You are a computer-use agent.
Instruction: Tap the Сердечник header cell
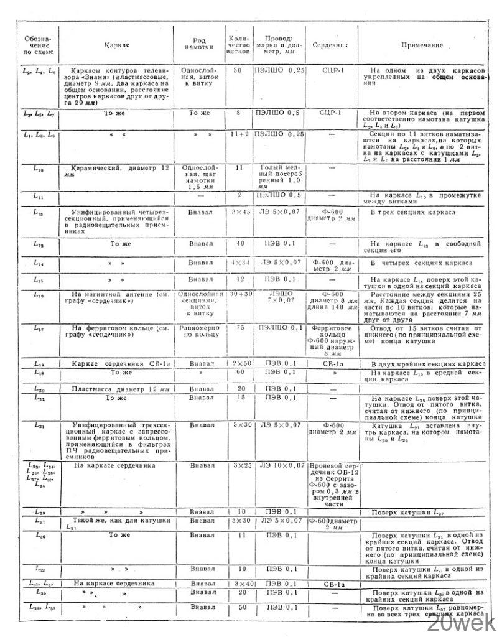(334, 45)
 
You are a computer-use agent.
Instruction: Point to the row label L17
(39, 327)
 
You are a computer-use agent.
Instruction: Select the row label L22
(39, 398)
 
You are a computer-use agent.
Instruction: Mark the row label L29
(39, 511)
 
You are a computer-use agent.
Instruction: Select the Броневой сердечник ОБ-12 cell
(334, 485)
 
